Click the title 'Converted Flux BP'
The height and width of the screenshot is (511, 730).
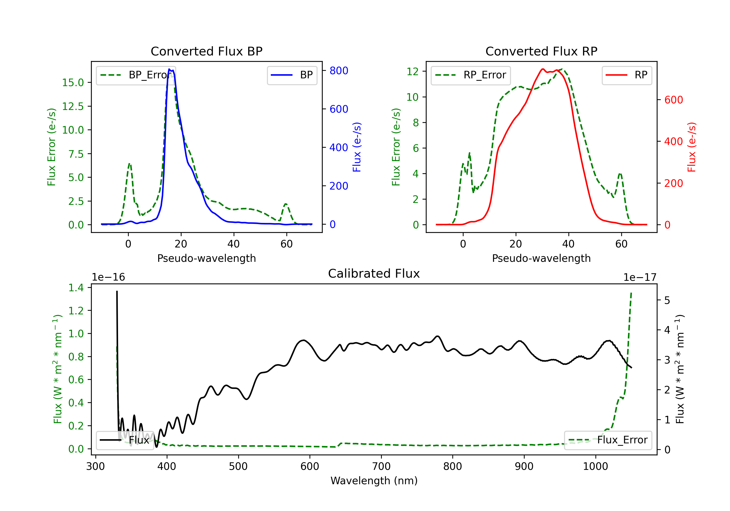pyautogui.click(x=207, y=51)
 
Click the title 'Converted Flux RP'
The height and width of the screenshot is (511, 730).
pyautogui.click(x=541, y=51)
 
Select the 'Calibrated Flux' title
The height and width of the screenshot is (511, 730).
pyautogui.click(x=374, y=274)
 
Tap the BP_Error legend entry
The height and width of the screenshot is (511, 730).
pyautogui.click(x=136, y=75)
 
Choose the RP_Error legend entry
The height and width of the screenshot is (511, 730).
pyautogui.click(x=471, y=75)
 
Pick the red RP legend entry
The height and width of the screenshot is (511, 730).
pyautogui.click(x=627, y=75)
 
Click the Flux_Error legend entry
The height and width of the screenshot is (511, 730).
pyautogui.click(x=608, y=440)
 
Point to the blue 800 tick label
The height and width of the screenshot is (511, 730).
pyautogui.click(x=339, y=71)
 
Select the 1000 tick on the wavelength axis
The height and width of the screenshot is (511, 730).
pyautogui.click(x=595, y=466)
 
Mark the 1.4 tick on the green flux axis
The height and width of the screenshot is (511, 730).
pyautogui.click(x=76, y=288)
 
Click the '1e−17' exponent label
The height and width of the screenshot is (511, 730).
pyautogui.click(x=640, y=277)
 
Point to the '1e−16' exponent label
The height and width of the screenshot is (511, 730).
pyautogui.click(x=109, y=277)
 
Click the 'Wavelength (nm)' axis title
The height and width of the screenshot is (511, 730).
pyautogui.click(x=374, y=481)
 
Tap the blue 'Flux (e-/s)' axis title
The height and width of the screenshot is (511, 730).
pyautogui.click(x=357, y=147)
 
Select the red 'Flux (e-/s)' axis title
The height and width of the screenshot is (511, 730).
pyautogui.click(x=692, y=147)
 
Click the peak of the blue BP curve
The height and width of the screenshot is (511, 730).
pyautogui.click(x=169, y=69)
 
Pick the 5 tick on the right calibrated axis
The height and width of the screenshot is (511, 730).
pyautogui.click(x=667, y=301)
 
